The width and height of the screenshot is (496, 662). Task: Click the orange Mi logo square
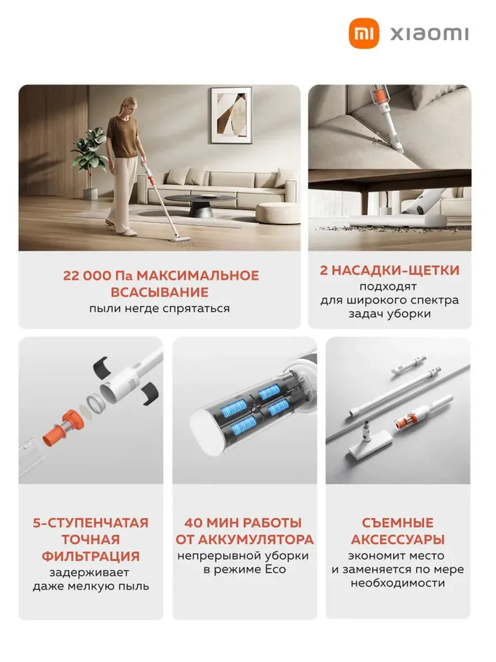click(364, 33)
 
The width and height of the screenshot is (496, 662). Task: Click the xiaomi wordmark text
click(429, 34)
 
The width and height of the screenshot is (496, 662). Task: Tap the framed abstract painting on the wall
click(231, 115)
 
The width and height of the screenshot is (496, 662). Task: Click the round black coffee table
click(200, 205)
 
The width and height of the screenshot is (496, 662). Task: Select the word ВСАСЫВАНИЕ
click(160, 292)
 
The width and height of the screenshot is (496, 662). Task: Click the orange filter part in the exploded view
click(63, 428)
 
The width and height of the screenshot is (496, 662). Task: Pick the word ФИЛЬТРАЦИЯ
click(90, 557)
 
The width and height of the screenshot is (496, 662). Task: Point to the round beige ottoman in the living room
click(278, 213)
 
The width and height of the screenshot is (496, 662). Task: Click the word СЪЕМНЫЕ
click(398, 523)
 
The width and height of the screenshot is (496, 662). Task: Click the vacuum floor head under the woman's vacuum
click(180, 239)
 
